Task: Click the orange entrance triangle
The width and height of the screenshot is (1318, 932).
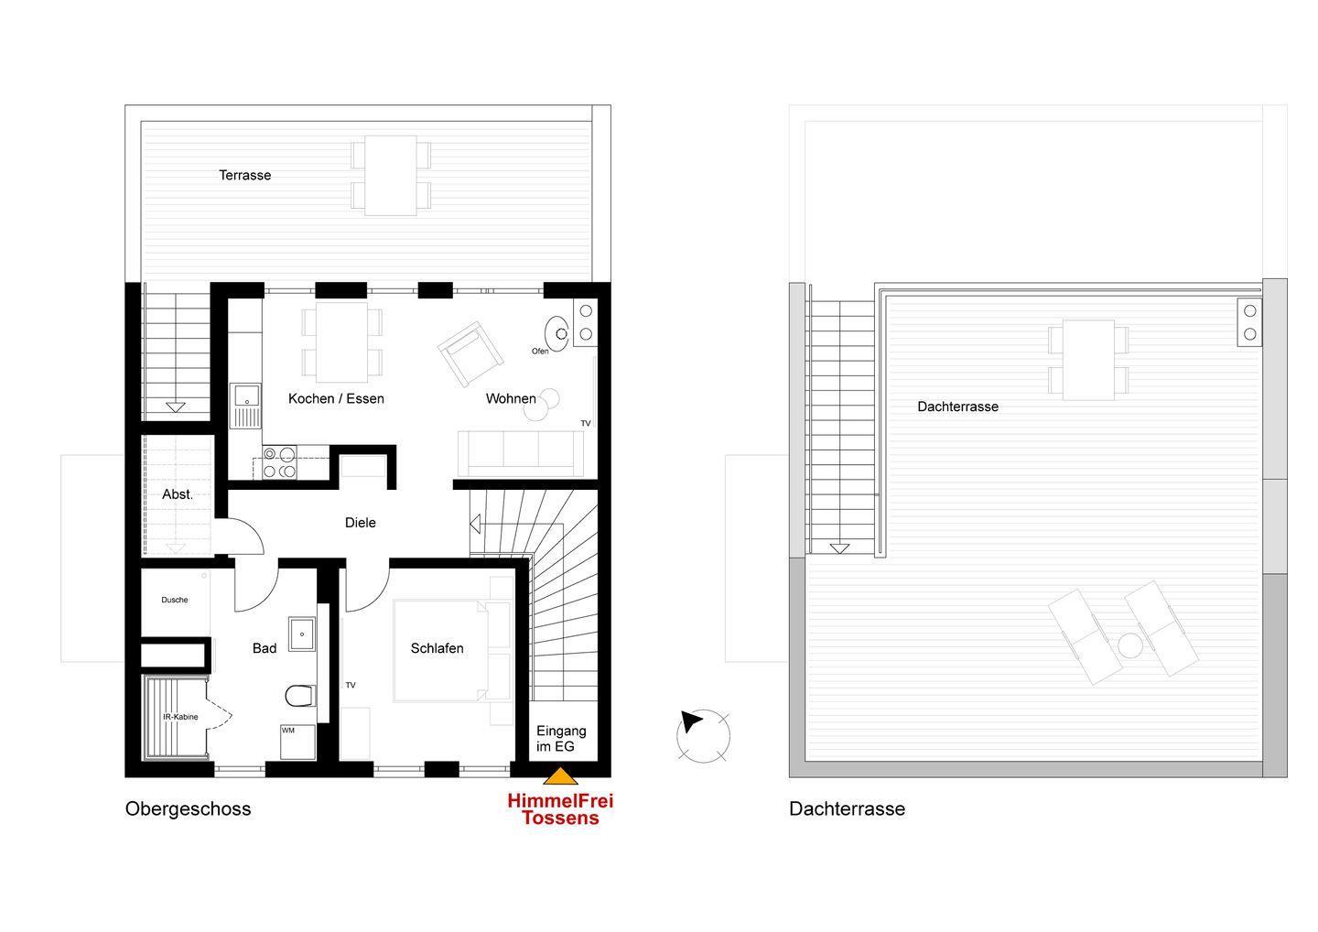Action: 560,776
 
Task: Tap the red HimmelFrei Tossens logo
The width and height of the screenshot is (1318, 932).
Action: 560,809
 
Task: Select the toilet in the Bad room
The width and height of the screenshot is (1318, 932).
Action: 300,696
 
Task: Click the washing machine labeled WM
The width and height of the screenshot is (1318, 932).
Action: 297,742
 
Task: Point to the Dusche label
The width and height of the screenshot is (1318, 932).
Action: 175,601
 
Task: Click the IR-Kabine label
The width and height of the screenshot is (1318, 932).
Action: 180,717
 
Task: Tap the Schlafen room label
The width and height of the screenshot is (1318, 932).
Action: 438,648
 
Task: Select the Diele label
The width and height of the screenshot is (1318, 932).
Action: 360,523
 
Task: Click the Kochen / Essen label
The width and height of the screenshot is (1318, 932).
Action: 336,399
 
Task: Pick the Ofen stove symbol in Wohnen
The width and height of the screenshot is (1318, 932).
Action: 556,333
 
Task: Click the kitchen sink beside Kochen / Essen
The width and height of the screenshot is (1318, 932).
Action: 246,406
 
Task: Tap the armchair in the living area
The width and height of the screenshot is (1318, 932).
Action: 470,353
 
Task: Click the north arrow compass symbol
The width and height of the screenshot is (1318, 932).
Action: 703,735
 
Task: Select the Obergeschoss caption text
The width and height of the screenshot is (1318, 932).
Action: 189,809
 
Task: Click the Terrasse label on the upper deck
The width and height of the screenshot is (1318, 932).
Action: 244,176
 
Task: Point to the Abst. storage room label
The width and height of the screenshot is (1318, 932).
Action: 178,494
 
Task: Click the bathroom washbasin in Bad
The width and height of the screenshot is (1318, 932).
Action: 302,634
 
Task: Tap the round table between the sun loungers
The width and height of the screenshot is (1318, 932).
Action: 1129,646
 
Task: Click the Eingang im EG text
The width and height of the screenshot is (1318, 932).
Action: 561,739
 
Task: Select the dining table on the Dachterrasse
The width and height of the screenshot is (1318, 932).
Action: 1088,360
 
